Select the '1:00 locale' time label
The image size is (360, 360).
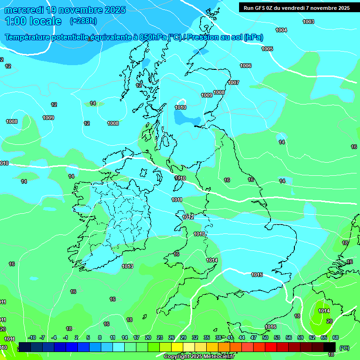33,21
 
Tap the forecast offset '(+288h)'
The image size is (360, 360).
83,21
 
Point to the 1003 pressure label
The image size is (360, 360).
308,22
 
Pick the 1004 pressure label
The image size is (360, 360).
281,30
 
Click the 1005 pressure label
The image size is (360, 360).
267,49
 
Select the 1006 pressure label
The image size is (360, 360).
246,66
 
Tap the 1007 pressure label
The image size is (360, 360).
233,83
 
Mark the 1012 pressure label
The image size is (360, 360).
188,217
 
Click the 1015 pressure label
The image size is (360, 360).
257,275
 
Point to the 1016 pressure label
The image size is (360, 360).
270,327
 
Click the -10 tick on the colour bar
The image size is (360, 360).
32,338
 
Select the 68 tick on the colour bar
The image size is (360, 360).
336,338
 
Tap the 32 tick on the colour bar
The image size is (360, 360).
195,338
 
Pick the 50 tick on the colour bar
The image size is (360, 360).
265,338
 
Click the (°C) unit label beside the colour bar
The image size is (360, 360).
344,347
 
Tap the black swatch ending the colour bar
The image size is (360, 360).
330,347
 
